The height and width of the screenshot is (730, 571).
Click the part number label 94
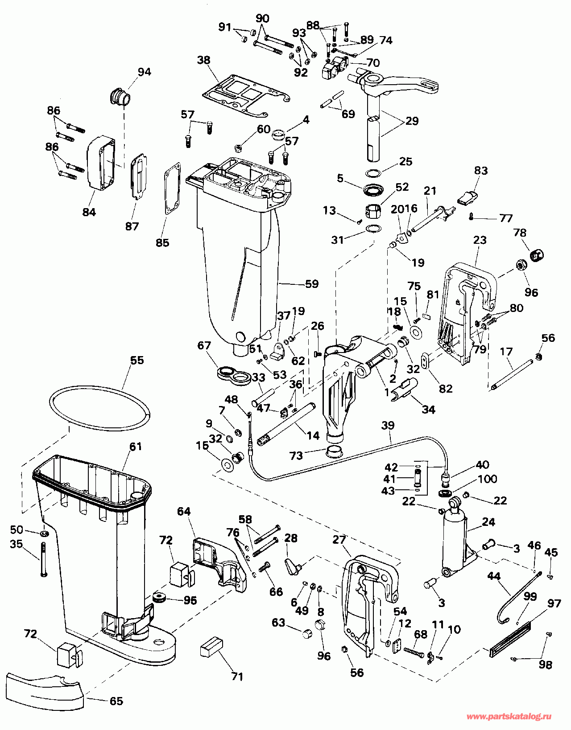click(x=145, y=72)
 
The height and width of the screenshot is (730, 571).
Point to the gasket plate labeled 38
click(x=247, y=96)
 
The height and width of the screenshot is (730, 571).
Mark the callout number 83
click(x=481, y=171)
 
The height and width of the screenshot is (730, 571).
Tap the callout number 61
click(x=136, y=447)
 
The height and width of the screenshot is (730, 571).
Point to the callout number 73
click(x=296, y=456)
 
